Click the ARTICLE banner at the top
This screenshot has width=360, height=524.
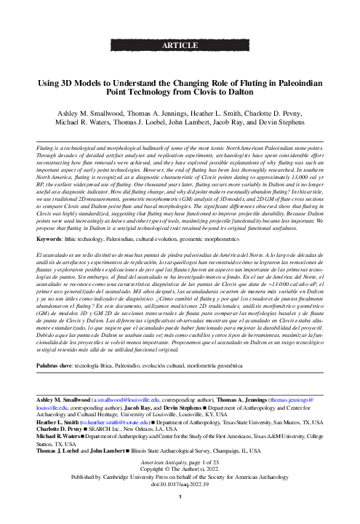click(x=180, y=45)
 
